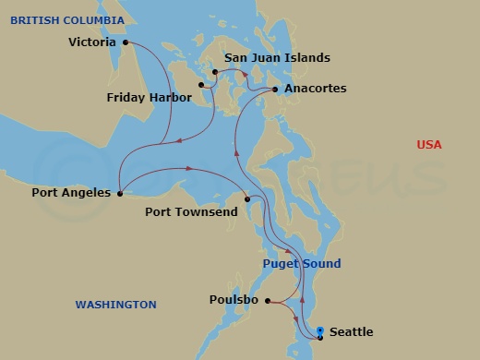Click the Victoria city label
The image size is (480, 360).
(x=92, y=42)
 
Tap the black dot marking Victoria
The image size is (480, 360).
(x=125, y=42)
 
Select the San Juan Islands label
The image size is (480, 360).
(x=277, y=58)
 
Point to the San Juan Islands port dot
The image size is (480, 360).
(x=215, y=71)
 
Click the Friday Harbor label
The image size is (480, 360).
(x=149, y=97)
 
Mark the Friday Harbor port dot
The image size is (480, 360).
(x=200, y=86)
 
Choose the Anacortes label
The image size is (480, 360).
(x=316, y=89)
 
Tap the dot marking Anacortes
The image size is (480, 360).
(x=276, y=90)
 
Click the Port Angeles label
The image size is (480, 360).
(x=71, y=193)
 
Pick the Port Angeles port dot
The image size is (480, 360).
(x=120, y=193)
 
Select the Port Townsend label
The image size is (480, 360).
(x=191, y=212)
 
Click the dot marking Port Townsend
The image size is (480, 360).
(x=246, y=199)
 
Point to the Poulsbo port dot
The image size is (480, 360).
(x=268, y=301)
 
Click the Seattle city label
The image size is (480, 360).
(x=352, y=332)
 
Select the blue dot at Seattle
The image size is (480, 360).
(x=319, y=330)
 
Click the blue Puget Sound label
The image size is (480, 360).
(x=301, y=264)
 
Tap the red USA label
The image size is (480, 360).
(x=428, y=145)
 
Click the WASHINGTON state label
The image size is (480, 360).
(x=115, y=305)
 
